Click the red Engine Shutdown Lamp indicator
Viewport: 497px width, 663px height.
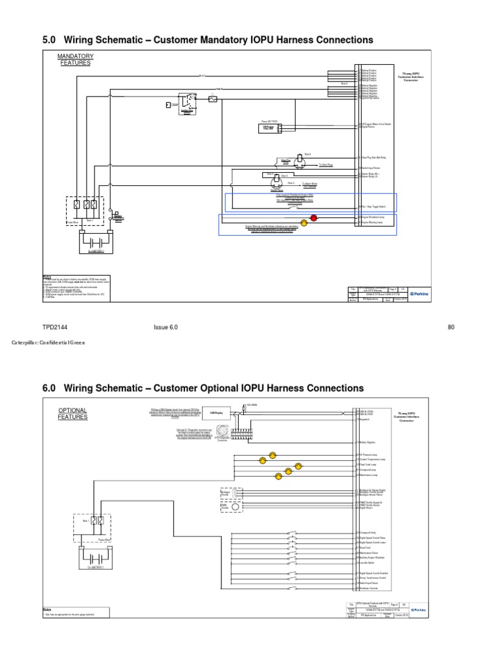click(x=314, y=218)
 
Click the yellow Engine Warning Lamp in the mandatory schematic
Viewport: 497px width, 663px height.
click(x=304, y=222)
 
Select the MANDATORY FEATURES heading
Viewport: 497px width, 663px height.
click(x=76, y=60)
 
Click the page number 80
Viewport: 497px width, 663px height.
click(x=451, y=327)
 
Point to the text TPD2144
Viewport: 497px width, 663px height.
click(x=55, y=327)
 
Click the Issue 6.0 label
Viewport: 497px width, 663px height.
click(x=166, y=327)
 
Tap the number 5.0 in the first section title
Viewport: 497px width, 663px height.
click(x=49, y=40)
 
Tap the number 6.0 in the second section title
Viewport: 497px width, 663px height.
click(x=49, y=388)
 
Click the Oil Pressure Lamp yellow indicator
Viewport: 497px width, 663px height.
click(x=272, y=455)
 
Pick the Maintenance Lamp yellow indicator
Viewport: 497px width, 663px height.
click(x=278, y=477)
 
